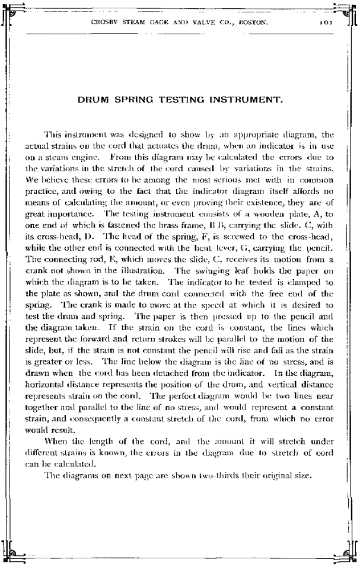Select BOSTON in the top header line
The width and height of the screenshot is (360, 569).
click(252, 24)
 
